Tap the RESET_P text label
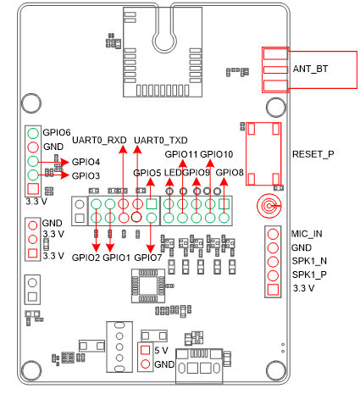[313, 154]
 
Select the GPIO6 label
[57, 133]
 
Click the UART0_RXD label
[100, 140]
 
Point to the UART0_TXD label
[161, 140]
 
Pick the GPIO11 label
[181, 154]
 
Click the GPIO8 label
[230, 173]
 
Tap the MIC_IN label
[307, 233]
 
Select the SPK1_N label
[308, 262]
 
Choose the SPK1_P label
[308, 275]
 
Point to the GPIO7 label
[148, 257]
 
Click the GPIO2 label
[86, 257]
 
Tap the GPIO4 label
[86, 161]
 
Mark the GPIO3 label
[86, 175]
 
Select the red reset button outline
[264, 153]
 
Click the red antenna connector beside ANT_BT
[275, 69]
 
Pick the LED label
[174, 173]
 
